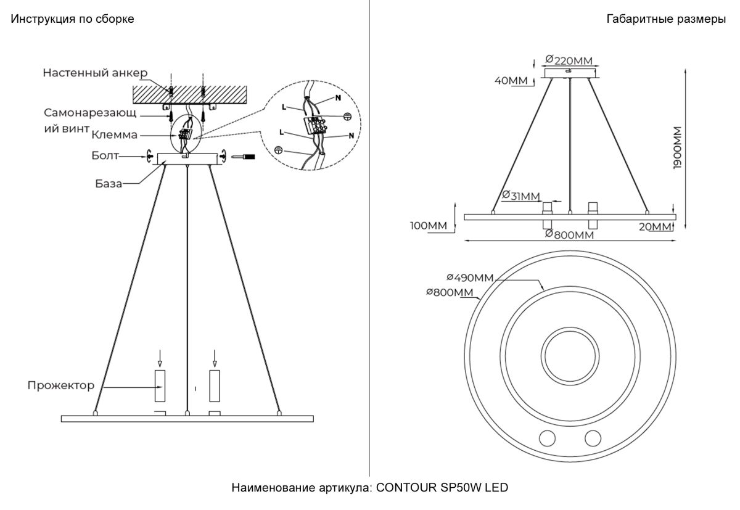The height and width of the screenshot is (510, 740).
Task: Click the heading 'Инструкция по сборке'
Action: click(72, 19)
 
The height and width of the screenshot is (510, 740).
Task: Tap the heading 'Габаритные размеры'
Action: click(666, 19)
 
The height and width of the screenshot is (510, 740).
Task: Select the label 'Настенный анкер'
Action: click(95, 73)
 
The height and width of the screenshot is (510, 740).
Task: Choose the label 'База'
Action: click(109, 183)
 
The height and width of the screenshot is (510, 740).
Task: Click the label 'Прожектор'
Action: click(60, 385)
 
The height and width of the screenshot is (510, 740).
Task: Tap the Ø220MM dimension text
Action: click(569, 60)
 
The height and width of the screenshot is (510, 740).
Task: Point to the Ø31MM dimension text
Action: click(521, 196)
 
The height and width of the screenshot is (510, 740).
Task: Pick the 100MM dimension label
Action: click(428, 225)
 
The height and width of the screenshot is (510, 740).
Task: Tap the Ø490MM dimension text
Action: click(471, 278)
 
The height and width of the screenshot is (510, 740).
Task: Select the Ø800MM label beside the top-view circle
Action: click(449, 292)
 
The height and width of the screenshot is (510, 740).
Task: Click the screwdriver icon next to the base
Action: click(242, 158)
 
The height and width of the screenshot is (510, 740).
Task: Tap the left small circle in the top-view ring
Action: click(547, 438)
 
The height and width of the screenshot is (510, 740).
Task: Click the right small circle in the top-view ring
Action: click(593, 438)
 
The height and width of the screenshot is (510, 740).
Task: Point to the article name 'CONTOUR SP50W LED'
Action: click(442, 488)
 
